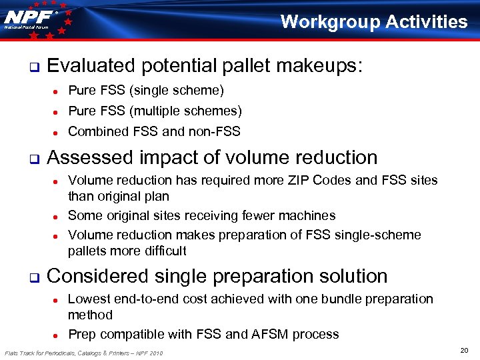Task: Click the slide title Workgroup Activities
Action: coord(374,22)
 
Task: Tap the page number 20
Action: coord(464,350)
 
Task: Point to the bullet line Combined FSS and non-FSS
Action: coord(154,131)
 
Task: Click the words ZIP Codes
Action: coord(343,180)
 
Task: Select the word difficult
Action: coord(163,251)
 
